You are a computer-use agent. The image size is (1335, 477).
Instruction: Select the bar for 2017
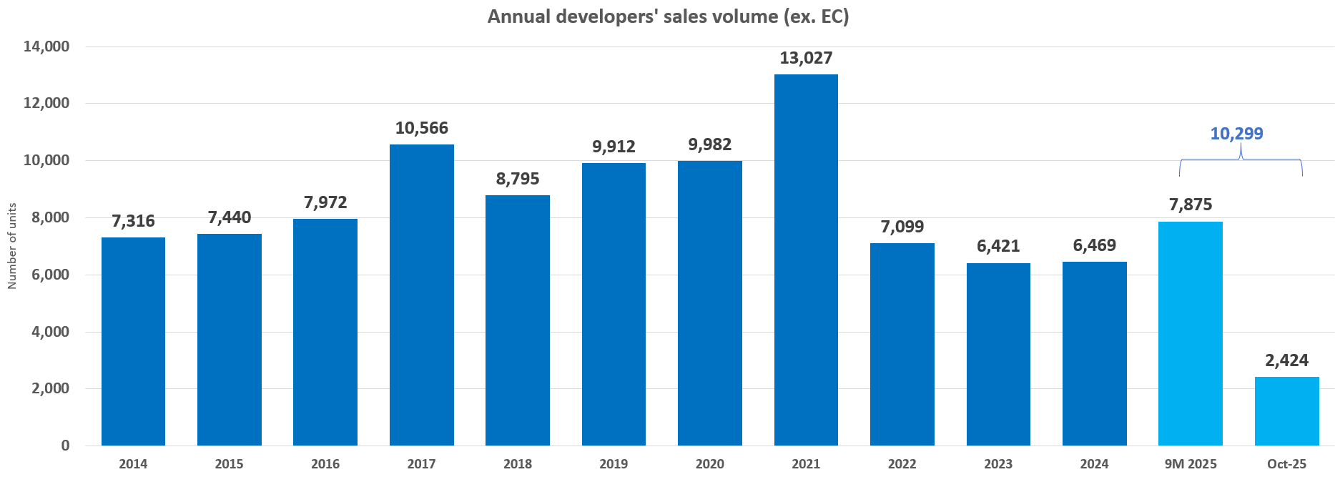pos(421,295)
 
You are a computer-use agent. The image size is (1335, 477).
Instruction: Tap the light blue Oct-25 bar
pos(1286,411)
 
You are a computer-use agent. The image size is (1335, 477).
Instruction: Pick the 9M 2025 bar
pos(1190,333)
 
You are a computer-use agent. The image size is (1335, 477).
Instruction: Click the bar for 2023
pos(998,354)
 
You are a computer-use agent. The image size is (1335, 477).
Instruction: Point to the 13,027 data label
pos(806,58)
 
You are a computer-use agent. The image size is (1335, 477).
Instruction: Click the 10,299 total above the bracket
pos(1236,134)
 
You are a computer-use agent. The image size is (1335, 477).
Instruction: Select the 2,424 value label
pos(1286,360)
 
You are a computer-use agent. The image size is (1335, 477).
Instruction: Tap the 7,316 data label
pos(133,221)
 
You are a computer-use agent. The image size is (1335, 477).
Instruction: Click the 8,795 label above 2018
pos(518,179)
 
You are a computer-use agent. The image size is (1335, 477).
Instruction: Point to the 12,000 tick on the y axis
pos(46,103)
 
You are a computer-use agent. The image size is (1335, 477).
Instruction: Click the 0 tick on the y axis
pos(65,446)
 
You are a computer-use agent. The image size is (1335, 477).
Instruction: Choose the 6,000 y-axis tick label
pos(46,275)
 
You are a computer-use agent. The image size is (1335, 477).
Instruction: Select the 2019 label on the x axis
pos(614,464)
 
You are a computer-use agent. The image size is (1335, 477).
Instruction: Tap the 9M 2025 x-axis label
pos(1190,464)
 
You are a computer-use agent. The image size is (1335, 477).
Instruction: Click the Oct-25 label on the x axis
pos(1286,464)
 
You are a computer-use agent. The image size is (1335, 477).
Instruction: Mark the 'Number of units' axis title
pos(11,246)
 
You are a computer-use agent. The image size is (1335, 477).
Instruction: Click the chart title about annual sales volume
pos(668,16)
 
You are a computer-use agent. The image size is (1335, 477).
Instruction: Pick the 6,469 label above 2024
pos(1094,245)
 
